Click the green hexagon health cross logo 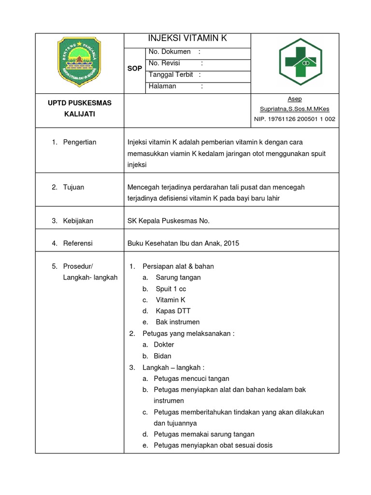point(300,62)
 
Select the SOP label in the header point(135,69)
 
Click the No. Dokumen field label point(170,52)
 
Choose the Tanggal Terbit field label point(171,75)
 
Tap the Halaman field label point(162,87)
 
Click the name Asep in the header point(295,99)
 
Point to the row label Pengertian point(80,142)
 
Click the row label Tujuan point(73,187)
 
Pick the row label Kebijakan point(78,221)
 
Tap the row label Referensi point(78,244)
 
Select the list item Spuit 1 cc point(171,289)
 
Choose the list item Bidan point(162,356)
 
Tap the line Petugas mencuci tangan point(191,379)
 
